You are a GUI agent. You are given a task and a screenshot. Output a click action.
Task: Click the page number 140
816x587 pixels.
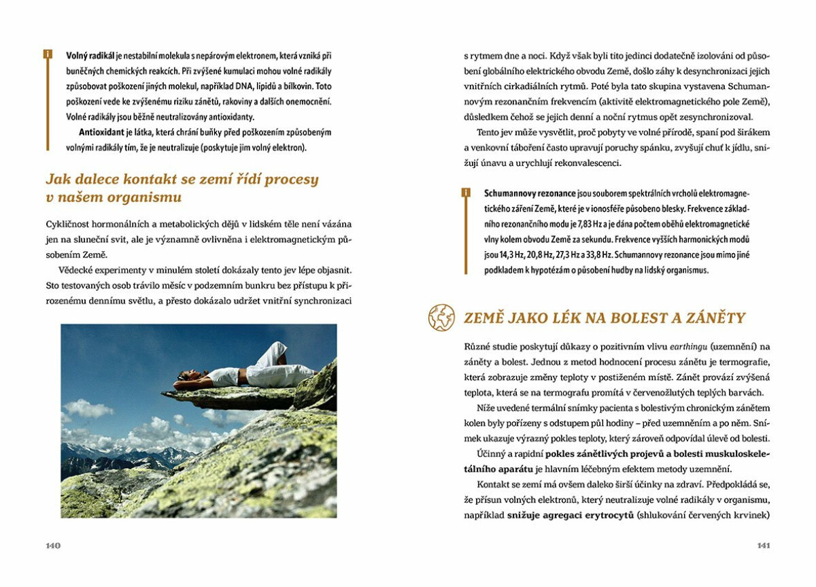(x=53, y=546)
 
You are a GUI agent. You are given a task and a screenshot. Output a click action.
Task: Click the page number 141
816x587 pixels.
(x=763, y=546)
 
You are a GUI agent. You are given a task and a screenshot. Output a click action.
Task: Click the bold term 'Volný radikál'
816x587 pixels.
(x=90, y=54)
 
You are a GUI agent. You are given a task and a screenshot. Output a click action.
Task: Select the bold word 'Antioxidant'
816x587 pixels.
(x=102, y=132)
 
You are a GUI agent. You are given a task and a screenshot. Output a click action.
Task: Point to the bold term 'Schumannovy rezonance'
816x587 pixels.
(x=530, y=193)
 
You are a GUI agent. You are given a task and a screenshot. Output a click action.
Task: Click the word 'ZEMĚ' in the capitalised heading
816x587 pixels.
(x=483, y=318)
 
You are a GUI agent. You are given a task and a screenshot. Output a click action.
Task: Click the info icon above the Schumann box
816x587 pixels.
(x=466, y=192)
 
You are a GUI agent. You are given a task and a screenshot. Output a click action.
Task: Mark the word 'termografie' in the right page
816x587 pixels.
(x=742, y=361)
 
